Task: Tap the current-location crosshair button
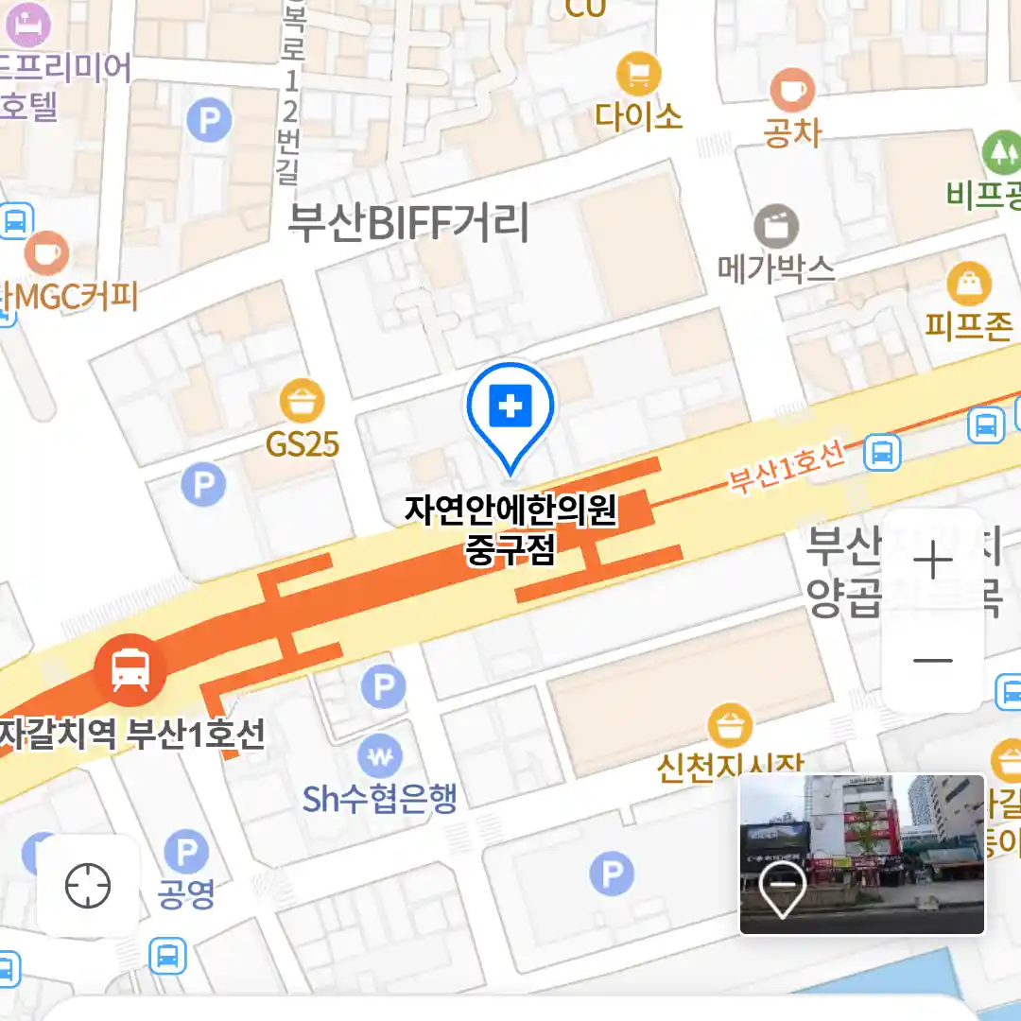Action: [88, 886]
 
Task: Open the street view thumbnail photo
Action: [861, 854]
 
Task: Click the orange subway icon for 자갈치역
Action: [130, 669]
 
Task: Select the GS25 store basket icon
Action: [302, 402]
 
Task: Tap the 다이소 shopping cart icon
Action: [638, 73]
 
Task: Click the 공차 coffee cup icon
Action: [791, 91]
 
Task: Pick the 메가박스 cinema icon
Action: [776, 226]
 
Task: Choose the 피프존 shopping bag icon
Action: [969, 284]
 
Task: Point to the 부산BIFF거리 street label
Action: [408, 223]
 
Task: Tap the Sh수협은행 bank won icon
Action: [380, 755]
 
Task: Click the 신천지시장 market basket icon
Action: [730, 726]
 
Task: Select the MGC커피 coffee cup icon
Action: [45, 251]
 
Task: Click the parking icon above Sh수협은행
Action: [383, 687]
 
